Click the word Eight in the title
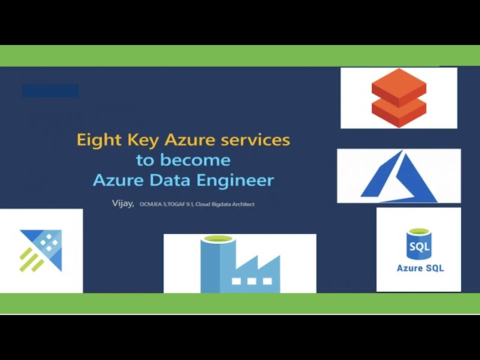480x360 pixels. point(96,139)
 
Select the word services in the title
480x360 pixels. point(253,139)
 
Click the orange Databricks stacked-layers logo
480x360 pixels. point(398,97)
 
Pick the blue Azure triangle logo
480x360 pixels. point(398,175)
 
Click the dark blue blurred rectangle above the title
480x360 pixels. point(50,91)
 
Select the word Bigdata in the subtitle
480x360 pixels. point(223,203)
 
